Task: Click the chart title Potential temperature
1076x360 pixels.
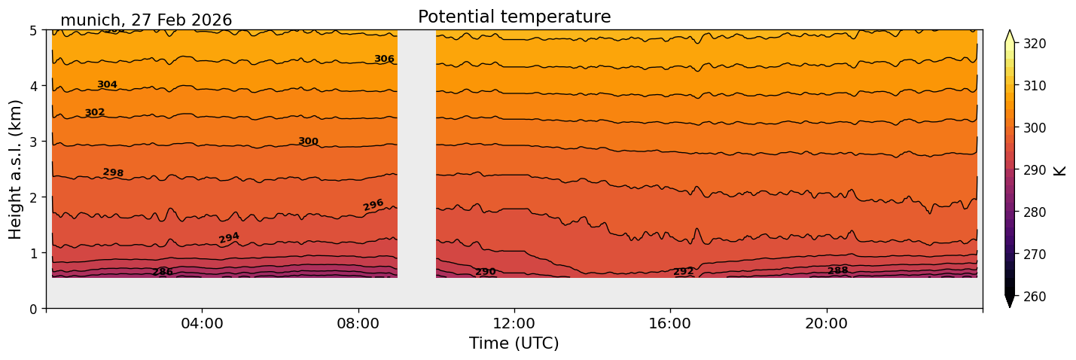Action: tap(514, 17)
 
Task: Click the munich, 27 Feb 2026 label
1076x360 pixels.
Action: tap(146, 20)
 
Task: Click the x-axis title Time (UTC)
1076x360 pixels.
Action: tap(514, 343)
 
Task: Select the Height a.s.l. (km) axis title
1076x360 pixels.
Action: tap(16, 169)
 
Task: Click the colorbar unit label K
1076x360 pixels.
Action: tap(1060, 170)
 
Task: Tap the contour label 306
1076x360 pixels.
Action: tap(384, 59)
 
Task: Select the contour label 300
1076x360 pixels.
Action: tap(308, 141)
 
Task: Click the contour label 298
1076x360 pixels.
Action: tap(113, 172)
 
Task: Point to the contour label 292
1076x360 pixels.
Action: tap(683, 271)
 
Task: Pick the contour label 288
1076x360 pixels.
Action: tap(837, 270)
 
